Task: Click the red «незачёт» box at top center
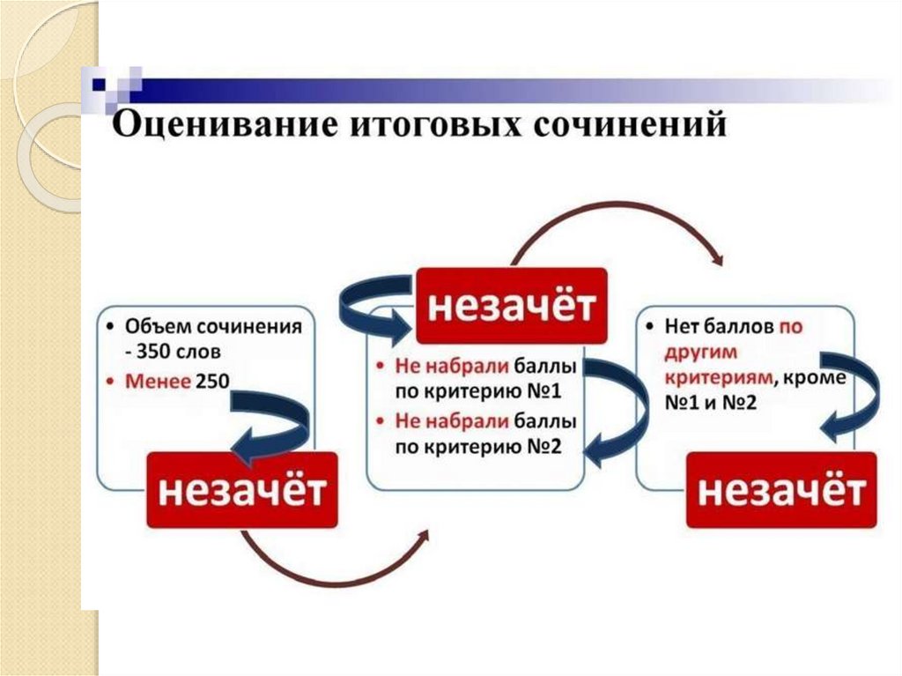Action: click(511, 306)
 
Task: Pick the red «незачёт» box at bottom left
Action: click(240, 490)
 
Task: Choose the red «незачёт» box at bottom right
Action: click(781, 490)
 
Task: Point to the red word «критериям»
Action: click(710, 377)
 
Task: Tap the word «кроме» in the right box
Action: click(815, 377)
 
